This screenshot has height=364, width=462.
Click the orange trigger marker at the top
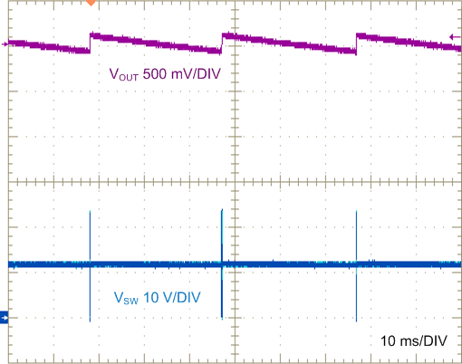[x=90, y=4]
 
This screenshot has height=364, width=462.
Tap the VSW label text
[x=126, y=298]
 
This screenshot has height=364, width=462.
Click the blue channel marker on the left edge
[x=5, y=318]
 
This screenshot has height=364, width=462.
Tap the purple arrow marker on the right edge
[x=455, y=36]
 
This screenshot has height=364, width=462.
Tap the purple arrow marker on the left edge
[x=6, y=43]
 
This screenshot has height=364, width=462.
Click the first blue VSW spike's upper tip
[x=91, y=212]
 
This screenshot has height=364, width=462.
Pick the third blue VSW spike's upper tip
[x=357, y=213]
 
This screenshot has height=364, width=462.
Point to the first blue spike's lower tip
[x=91, y=320]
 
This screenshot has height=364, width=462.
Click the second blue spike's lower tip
[x=222, y=318]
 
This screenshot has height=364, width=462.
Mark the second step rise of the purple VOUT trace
[x=222, y=43]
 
